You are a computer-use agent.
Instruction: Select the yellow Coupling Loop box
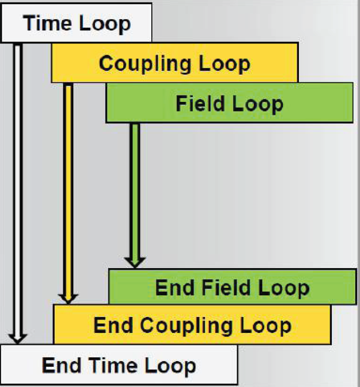click(x=174, y=63)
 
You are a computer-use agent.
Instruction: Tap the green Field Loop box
click(x=229, y=103)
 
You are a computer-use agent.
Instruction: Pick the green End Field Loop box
click(x=232, y=287)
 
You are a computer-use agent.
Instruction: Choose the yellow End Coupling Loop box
click(x=192, y=324)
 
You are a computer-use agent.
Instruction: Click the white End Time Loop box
click(x=119, y=365)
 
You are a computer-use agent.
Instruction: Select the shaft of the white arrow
click(x=17, y=186)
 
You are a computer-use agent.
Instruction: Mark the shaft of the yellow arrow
click(x=67, y=186)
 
